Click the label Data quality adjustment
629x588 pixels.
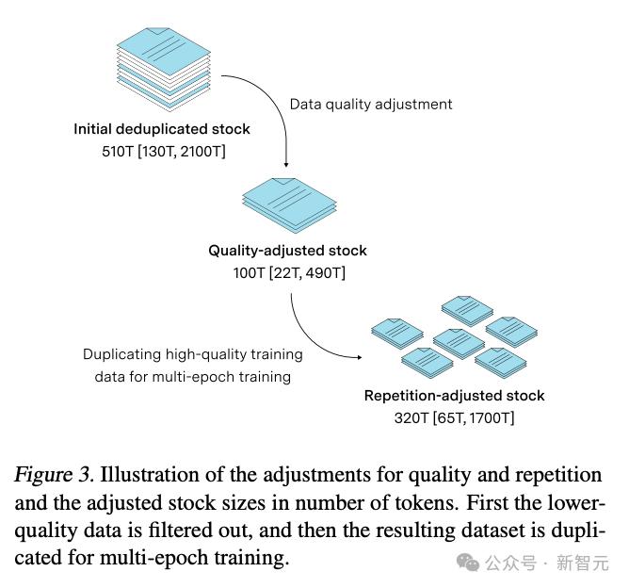point(370,104)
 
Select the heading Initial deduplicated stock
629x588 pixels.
point(162,129)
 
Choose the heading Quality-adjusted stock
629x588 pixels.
point(287,251)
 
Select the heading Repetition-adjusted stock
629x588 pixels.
point(454,396)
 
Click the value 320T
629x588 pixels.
point(411,416)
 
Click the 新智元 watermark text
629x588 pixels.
point(582,563)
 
